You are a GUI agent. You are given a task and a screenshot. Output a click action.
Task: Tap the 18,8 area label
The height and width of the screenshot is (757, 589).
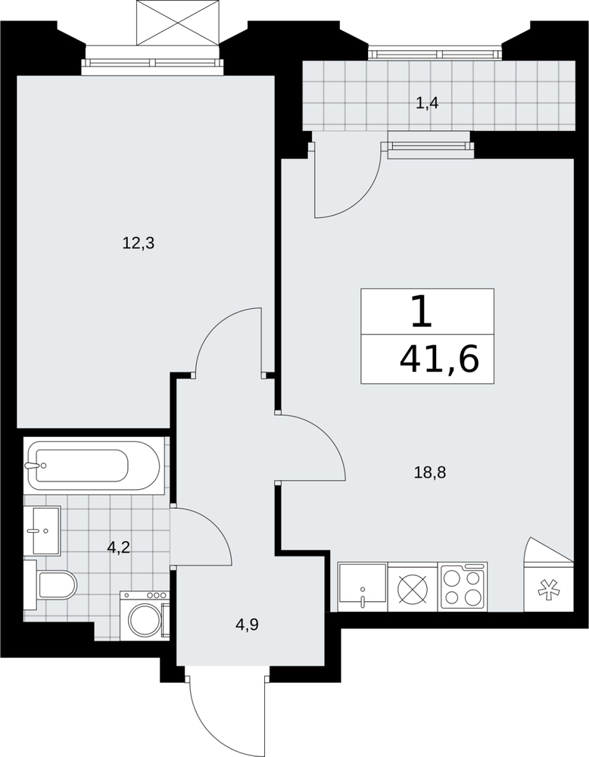[430, 472]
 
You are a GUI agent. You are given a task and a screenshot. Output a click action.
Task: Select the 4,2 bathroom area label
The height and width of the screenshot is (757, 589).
[119, 548]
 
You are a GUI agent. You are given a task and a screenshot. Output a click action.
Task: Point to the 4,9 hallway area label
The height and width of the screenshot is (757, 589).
[248, 625]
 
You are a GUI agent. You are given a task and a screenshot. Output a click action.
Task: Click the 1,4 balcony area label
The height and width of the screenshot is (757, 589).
[427, 103]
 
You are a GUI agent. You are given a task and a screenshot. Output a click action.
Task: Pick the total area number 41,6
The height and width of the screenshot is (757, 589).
[439, 360]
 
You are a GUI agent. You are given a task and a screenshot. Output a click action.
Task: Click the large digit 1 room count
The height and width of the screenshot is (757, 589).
[422, 311]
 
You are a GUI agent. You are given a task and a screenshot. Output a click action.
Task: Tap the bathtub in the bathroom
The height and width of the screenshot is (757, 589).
[94, 466]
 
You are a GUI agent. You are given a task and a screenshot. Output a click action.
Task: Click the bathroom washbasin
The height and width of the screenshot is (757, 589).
[42, 531]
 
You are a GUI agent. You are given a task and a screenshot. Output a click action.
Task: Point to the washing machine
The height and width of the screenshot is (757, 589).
[145, 616]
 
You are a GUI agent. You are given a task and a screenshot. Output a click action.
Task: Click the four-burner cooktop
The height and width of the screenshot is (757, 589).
[463, 586]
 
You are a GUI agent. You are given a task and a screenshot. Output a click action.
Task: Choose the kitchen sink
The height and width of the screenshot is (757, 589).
[363, 587]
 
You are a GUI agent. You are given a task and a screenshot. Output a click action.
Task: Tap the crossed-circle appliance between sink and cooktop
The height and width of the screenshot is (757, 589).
[413, 587]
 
